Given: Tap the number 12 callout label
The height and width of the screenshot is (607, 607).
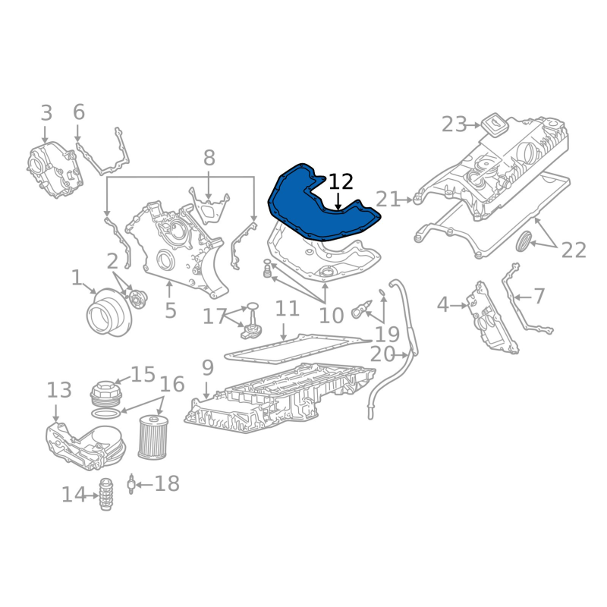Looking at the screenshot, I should pyautogui.click(x=341, y=182).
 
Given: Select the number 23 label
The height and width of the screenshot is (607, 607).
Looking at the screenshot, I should pyautogui.click(x=454, y=124).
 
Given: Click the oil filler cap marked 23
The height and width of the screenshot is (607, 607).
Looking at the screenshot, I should pyautogui.click(x=494, y=124).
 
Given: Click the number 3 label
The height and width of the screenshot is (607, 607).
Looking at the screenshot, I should pyautogui.click(x=46, y=114).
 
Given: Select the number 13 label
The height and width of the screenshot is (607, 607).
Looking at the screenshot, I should pyautogui.click(x=58, y=391).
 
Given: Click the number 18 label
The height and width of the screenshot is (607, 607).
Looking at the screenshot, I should pyautogui.click(x=167, y=483).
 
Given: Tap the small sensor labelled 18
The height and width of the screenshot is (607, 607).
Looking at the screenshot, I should pyautogui.click(x=134, y=483).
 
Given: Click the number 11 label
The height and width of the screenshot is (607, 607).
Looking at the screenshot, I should pyautogui.click(x=288, y=309).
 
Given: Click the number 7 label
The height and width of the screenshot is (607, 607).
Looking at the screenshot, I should pyautogui.click(x=539, y=296).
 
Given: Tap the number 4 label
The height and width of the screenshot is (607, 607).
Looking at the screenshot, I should pyautogui.click(x=443, y=305).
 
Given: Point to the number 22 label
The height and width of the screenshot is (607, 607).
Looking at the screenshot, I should pyautogui.click(x=574, y=250).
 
